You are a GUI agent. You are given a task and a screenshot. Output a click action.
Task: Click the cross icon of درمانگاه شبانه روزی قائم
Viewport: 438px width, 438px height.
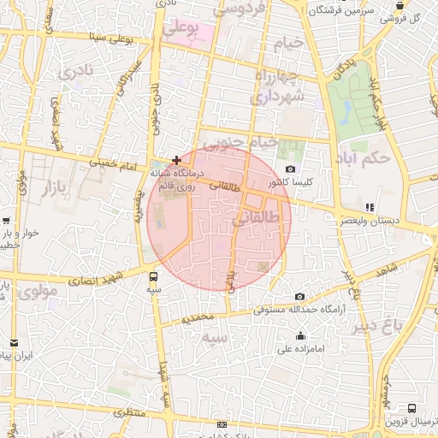tap(176, 160)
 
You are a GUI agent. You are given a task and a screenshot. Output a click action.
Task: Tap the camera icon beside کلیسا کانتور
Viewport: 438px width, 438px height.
tap(291, 169)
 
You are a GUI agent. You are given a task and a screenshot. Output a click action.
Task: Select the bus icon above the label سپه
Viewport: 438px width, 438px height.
tap(153, 276)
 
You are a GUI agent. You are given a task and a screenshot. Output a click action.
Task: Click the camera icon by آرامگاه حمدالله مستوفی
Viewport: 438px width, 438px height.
tap(299, 296)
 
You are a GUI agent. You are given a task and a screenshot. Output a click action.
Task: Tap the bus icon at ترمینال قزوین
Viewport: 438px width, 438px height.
tap(412, 409)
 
